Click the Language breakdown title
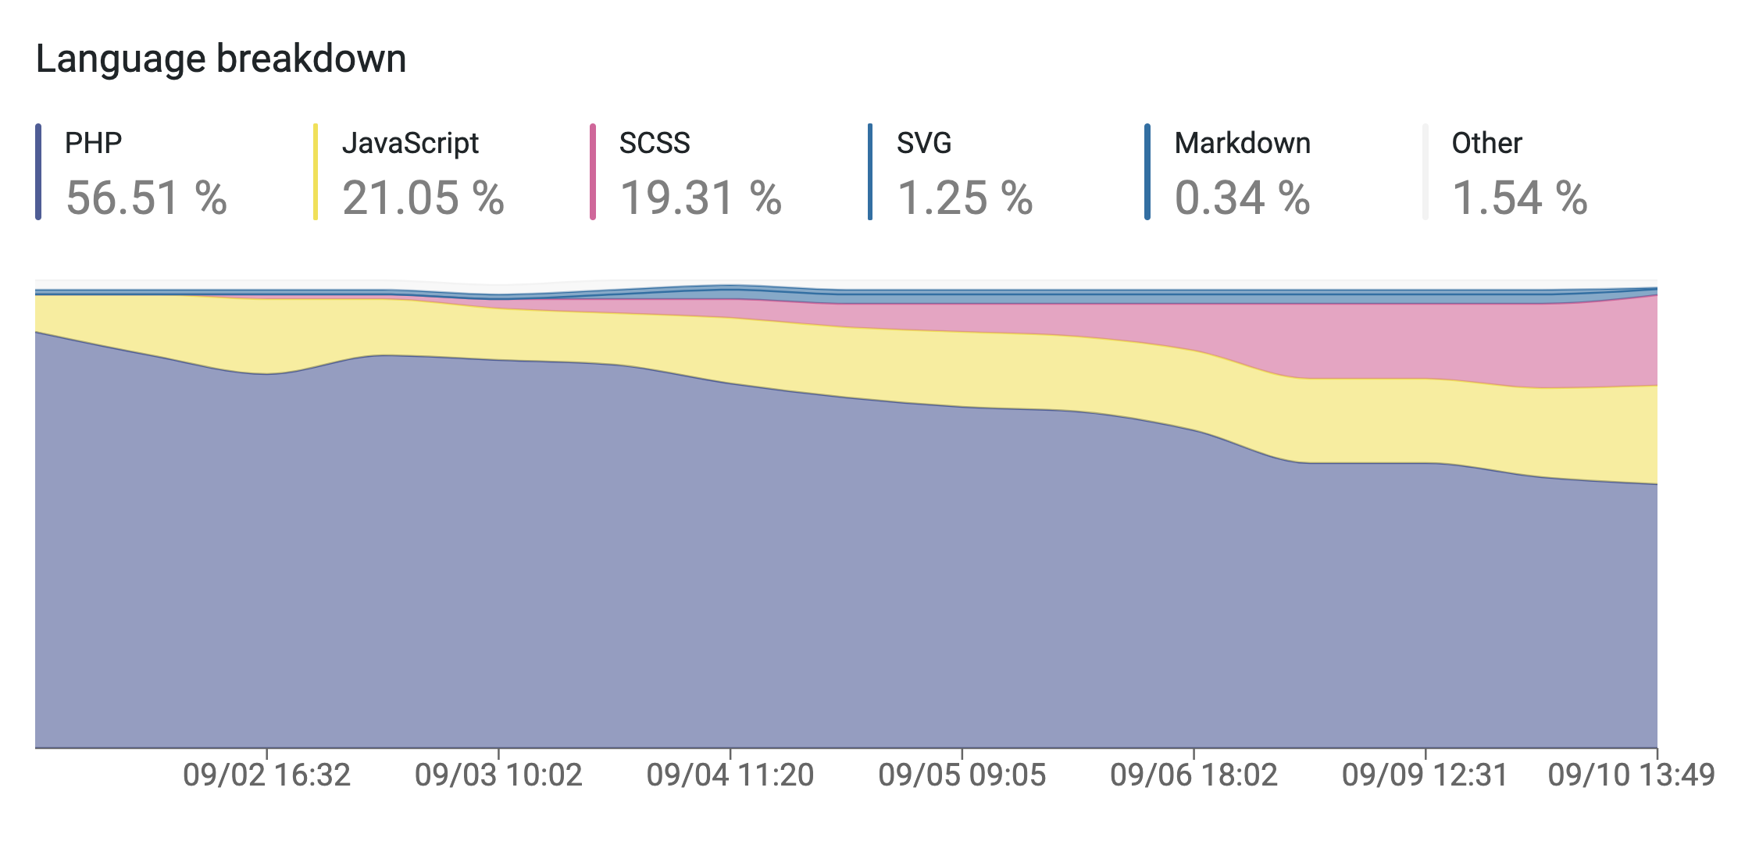click(x=221, y=59)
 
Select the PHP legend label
click(x=94, y=144)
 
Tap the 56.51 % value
click(x=147, y=198)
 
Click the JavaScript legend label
click(x=410, y=144)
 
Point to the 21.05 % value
click(x=423, y=198)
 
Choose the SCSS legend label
click(x=655, y=144)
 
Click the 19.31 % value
click(x=701, y=198)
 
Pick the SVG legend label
click(x=924, y=144)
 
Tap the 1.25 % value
click(x=965, y=198)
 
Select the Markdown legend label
click(x=1243, y=144)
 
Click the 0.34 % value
click(x=1243, y=198)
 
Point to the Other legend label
click(x=1487, y=144)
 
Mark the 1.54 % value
click(x=1520, y=198)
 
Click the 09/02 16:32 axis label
click(x=267, y=775)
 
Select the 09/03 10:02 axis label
click(x=499, y=775)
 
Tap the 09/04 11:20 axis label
click(x=730, y=775)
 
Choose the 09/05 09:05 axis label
click(x=962, y=775)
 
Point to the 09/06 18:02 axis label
click(x=1194, y=775)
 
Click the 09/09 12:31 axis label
click(x=1426, y=775)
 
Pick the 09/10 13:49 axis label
click(x=1632, y=775)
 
